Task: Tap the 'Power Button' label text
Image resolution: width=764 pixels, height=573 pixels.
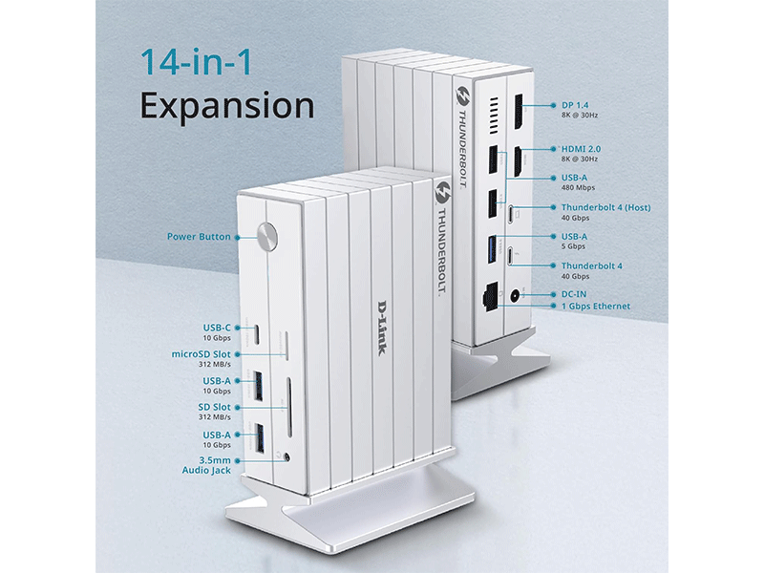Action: point(199,236)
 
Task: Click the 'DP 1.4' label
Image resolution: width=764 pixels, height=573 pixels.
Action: point(577,104)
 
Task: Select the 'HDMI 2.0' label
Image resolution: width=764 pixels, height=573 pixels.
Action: point(581,149)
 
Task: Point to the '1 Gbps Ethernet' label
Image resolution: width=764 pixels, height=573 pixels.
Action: point(596,307)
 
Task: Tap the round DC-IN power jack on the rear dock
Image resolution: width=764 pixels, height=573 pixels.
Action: point(519,295)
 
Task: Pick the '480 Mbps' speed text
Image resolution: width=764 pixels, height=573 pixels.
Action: point(577,188)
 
